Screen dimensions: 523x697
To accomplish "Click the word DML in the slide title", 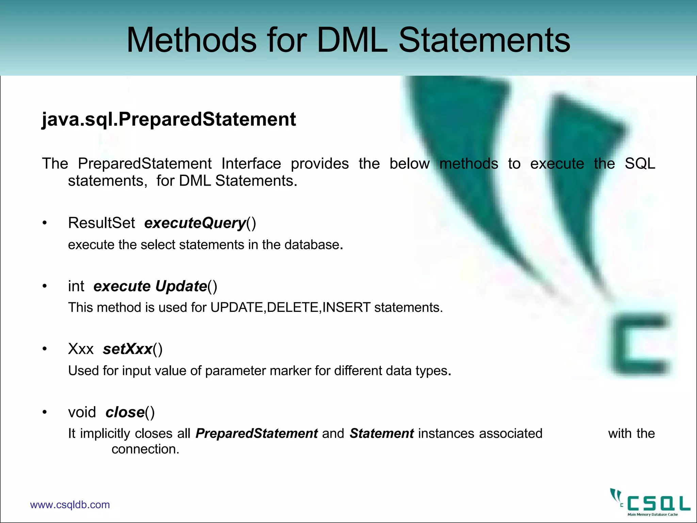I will tap(352, 40).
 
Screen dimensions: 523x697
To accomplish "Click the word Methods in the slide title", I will tap(191, 40).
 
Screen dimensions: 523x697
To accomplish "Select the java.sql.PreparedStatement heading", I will tap(169, 119).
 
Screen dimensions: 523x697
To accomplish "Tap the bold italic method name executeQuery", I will tap(195, 223).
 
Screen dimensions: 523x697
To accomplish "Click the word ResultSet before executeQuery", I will tap(101, 223).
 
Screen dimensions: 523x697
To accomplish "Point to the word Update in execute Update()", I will tap(181, 286).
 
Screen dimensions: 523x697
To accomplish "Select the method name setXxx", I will tap(127, 349).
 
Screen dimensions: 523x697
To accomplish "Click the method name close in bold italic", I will tap(125, 412).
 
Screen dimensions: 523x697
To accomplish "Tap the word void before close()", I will tap(82, 412).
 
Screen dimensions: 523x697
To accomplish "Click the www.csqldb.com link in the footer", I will tap(70, 505).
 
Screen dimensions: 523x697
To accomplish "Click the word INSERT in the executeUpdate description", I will tap(346, 307).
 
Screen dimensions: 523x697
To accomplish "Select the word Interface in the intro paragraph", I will tap(251, 164).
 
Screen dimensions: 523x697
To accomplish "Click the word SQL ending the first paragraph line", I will tap(640, 164).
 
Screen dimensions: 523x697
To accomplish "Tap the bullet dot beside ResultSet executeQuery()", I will tap(44, 223).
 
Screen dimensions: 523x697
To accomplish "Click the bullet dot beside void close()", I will tap(44, 412).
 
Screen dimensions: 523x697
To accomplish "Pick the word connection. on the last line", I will tap(145, 449).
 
